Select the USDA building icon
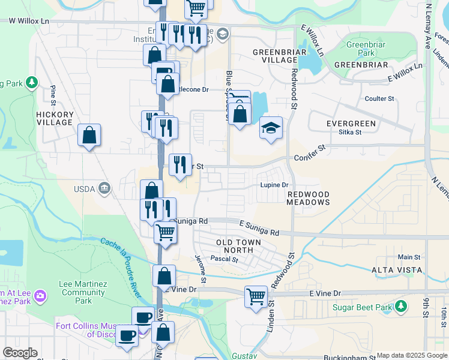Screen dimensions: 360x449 [x=104, y=189]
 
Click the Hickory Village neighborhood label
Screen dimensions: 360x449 [x=55, y=118]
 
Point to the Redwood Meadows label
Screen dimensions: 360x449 [x=309, y=199]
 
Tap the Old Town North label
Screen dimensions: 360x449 [x=238, y=246]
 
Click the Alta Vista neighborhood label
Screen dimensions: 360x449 [x=397, y=270]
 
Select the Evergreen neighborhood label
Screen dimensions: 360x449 [x=351, y=123]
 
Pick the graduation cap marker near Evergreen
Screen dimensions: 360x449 [x=271, y=127]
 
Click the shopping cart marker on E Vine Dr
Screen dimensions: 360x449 [x=256, y=296]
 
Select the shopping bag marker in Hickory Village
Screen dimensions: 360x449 [x=89, y=135]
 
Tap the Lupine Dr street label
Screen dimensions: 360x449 [x=274, y=185]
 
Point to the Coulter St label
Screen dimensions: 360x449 [x=379, y=98]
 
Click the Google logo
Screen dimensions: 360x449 [x=19, y=353]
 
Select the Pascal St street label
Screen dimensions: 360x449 [x=224, y=260]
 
